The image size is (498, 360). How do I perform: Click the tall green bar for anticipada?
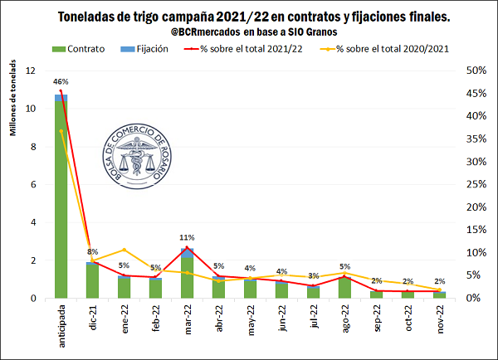point(61,199)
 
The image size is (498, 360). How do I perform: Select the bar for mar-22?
point(188,274)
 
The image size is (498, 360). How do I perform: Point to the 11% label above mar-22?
point(188,237)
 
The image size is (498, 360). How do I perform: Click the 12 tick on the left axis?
point(32,71)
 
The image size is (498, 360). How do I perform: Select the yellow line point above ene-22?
point(124,250)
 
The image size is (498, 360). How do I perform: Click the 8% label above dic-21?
point(92,251)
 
